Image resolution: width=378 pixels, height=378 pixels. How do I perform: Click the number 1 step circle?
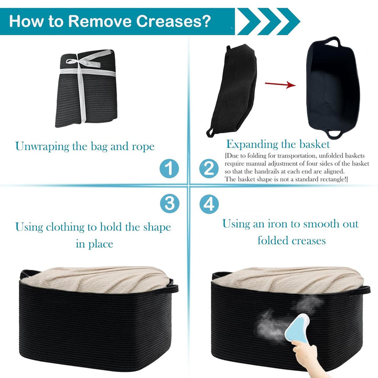click(169, 169)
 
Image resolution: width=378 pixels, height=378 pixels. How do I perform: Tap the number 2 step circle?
click(209, 169)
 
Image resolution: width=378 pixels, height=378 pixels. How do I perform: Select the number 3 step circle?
click(170, 204)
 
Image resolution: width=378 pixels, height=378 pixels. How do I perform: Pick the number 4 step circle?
click(209, 204)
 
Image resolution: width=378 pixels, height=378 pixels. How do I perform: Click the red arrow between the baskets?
click(280, 85)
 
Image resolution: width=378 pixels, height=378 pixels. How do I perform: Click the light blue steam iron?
click(297, 327)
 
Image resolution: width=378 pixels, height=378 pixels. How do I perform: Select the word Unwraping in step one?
click(42, 146)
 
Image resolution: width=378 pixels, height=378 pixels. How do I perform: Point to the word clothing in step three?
click(65, 227)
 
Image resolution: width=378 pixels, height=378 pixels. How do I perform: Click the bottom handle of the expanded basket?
click(334, 134)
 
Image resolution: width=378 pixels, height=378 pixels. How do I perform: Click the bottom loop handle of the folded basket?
click(210, 132)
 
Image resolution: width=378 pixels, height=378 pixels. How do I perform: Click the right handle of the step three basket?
click(174, 287)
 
